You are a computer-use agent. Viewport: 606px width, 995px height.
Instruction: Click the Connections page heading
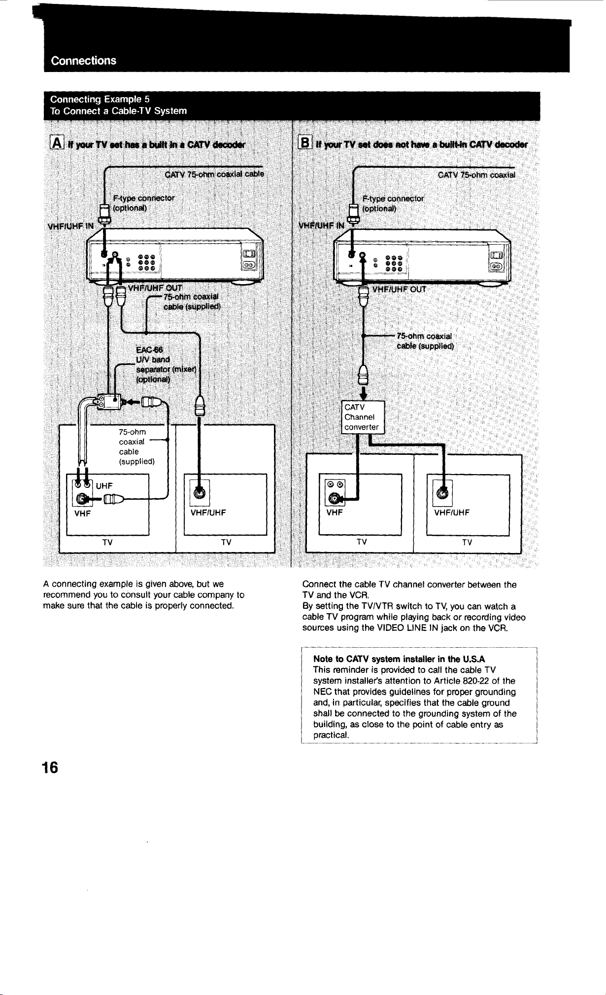(84, 61)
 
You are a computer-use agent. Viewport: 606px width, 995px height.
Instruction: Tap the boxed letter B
(304, 144)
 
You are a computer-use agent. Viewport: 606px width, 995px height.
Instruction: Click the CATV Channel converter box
(362, 417)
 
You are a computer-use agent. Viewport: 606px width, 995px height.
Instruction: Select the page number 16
(50, 768)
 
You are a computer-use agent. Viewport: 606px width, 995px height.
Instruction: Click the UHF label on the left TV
(104, 486)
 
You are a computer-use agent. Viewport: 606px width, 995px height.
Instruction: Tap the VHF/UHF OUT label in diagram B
(399, 289)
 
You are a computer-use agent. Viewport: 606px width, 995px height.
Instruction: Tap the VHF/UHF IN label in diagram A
(70, 226)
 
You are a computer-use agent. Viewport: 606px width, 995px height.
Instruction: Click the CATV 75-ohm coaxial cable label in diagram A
(214, 174)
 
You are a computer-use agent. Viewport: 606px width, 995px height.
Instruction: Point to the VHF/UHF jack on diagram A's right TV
(200, 492)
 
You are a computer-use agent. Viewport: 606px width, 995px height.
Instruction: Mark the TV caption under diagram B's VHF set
(362, 542)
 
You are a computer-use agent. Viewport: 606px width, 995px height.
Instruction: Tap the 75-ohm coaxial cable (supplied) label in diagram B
(425, 341)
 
